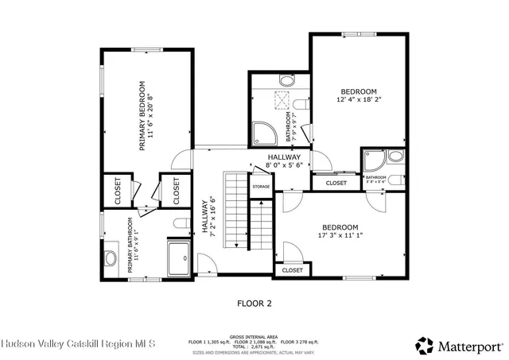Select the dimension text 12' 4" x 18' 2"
[x=359, y=101]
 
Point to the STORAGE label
[x=261, y=187]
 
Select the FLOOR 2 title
[x=254, y=303]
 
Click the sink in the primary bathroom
[x=111, y=257]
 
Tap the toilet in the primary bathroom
[x=180, y=222]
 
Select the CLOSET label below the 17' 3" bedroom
[x=292, y=270]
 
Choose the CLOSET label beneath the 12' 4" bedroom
[x=336, y=184]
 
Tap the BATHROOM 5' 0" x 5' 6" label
[x=375, y=180]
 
